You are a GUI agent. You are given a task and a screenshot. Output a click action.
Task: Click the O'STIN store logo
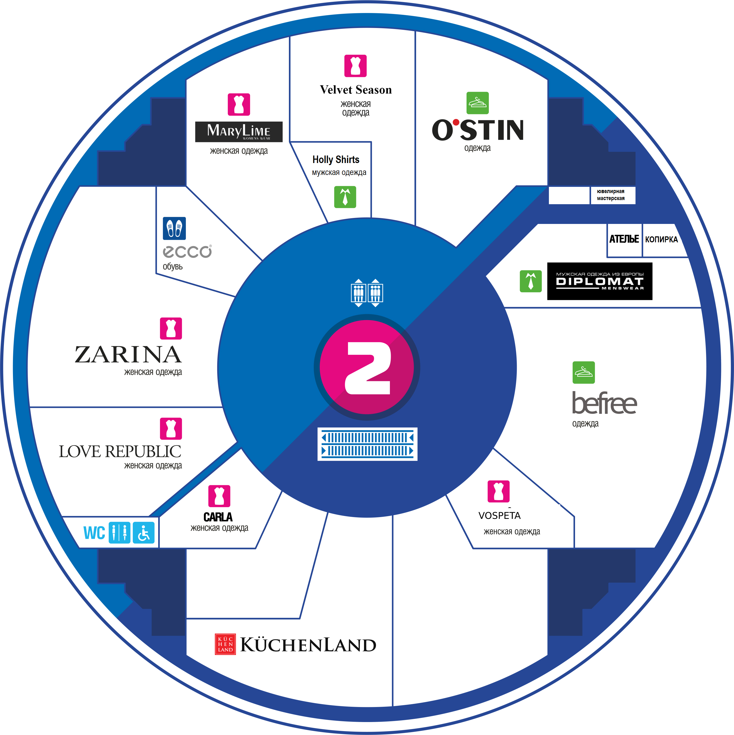point(478,130)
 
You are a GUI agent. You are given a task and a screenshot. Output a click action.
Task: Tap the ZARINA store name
point(128,355)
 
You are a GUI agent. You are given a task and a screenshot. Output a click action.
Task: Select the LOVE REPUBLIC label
point(120,451)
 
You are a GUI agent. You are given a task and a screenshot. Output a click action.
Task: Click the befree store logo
point(604,403)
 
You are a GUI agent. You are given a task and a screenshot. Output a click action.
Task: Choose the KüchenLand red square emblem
point(226,644)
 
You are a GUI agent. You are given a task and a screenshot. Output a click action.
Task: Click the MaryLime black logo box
point(239,132)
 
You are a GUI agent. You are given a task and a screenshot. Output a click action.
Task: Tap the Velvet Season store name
point(356,90)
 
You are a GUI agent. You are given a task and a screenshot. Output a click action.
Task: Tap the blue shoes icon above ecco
point(175,228)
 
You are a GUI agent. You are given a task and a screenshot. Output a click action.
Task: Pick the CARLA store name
point(218,517)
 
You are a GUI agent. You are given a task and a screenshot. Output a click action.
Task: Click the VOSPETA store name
point(499,515)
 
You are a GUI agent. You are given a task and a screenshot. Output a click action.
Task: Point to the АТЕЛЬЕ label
point(624,239)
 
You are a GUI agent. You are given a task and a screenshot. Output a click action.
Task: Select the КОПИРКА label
point(662,239)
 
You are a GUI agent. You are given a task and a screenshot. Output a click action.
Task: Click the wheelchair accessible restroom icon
point(144,533)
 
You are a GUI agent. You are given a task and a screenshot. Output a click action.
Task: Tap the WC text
point(94,533)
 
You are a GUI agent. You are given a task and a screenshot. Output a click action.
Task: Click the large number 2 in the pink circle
point(368,368)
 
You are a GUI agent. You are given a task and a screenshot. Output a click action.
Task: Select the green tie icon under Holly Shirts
point(345,197)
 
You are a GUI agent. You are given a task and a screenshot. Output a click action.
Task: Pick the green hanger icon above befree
point(584,372)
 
